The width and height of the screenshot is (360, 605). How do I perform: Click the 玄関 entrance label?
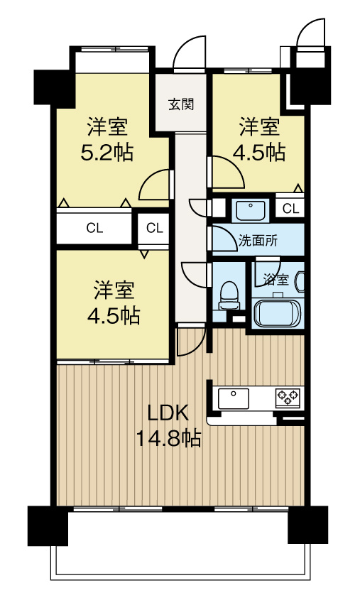[181, 104]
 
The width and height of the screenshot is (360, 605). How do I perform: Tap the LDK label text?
[169, 413]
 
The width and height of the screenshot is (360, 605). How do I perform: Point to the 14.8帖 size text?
[168, 438]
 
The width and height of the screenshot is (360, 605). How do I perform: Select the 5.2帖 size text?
[107, 152]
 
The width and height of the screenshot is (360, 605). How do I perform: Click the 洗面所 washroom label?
[258, 241]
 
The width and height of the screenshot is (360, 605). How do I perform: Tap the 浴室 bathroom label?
[276, 279]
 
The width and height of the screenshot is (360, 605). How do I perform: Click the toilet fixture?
[229, 295]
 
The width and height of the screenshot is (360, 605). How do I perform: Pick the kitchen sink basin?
[234, 398]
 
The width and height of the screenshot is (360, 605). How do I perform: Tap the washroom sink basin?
[251, 210]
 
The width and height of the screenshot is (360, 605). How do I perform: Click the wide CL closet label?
[94, 229]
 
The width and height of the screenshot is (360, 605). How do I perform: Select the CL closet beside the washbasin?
[290, 209]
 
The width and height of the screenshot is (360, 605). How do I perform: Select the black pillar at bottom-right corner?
[308, 525]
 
